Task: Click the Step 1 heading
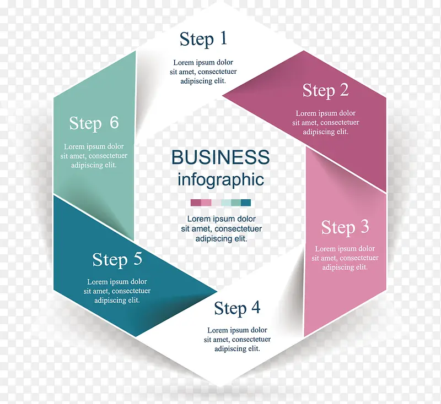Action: (x=203, y=39)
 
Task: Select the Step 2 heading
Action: (x=325, y=90)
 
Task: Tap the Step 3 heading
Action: (x=345, y=227)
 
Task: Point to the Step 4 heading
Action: (x=237, y=308)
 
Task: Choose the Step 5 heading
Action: (x=117, y=259)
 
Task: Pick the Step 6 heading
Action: (x=94, y=123)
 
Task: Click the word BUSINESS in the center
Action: (x=220, y=157)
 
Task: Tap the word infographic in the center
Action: (x=220, y=179)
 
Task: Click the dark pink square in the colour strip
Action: (x=195, y=203)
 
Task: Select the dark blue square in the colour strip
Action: (x=246, y=203)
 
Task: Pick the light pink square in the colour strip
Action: (x=206, y=203)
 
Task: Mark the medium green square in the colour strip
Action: (x=236, y=203)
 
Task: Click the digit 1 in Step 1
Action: (x=223, y=39)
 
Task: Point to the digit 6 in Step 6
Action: (x=114, y=122)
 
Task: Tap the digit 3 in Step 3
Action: (x=364, y=227)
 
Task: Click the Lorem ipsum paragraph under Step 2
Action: (x=325, y=123)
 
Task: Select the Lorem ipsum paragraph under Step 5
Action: (x=117, y=291)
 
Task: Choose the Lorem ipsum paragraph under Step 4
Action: (x=237, y=340)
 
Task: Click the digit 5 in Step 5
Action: (x=137, y=259)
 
